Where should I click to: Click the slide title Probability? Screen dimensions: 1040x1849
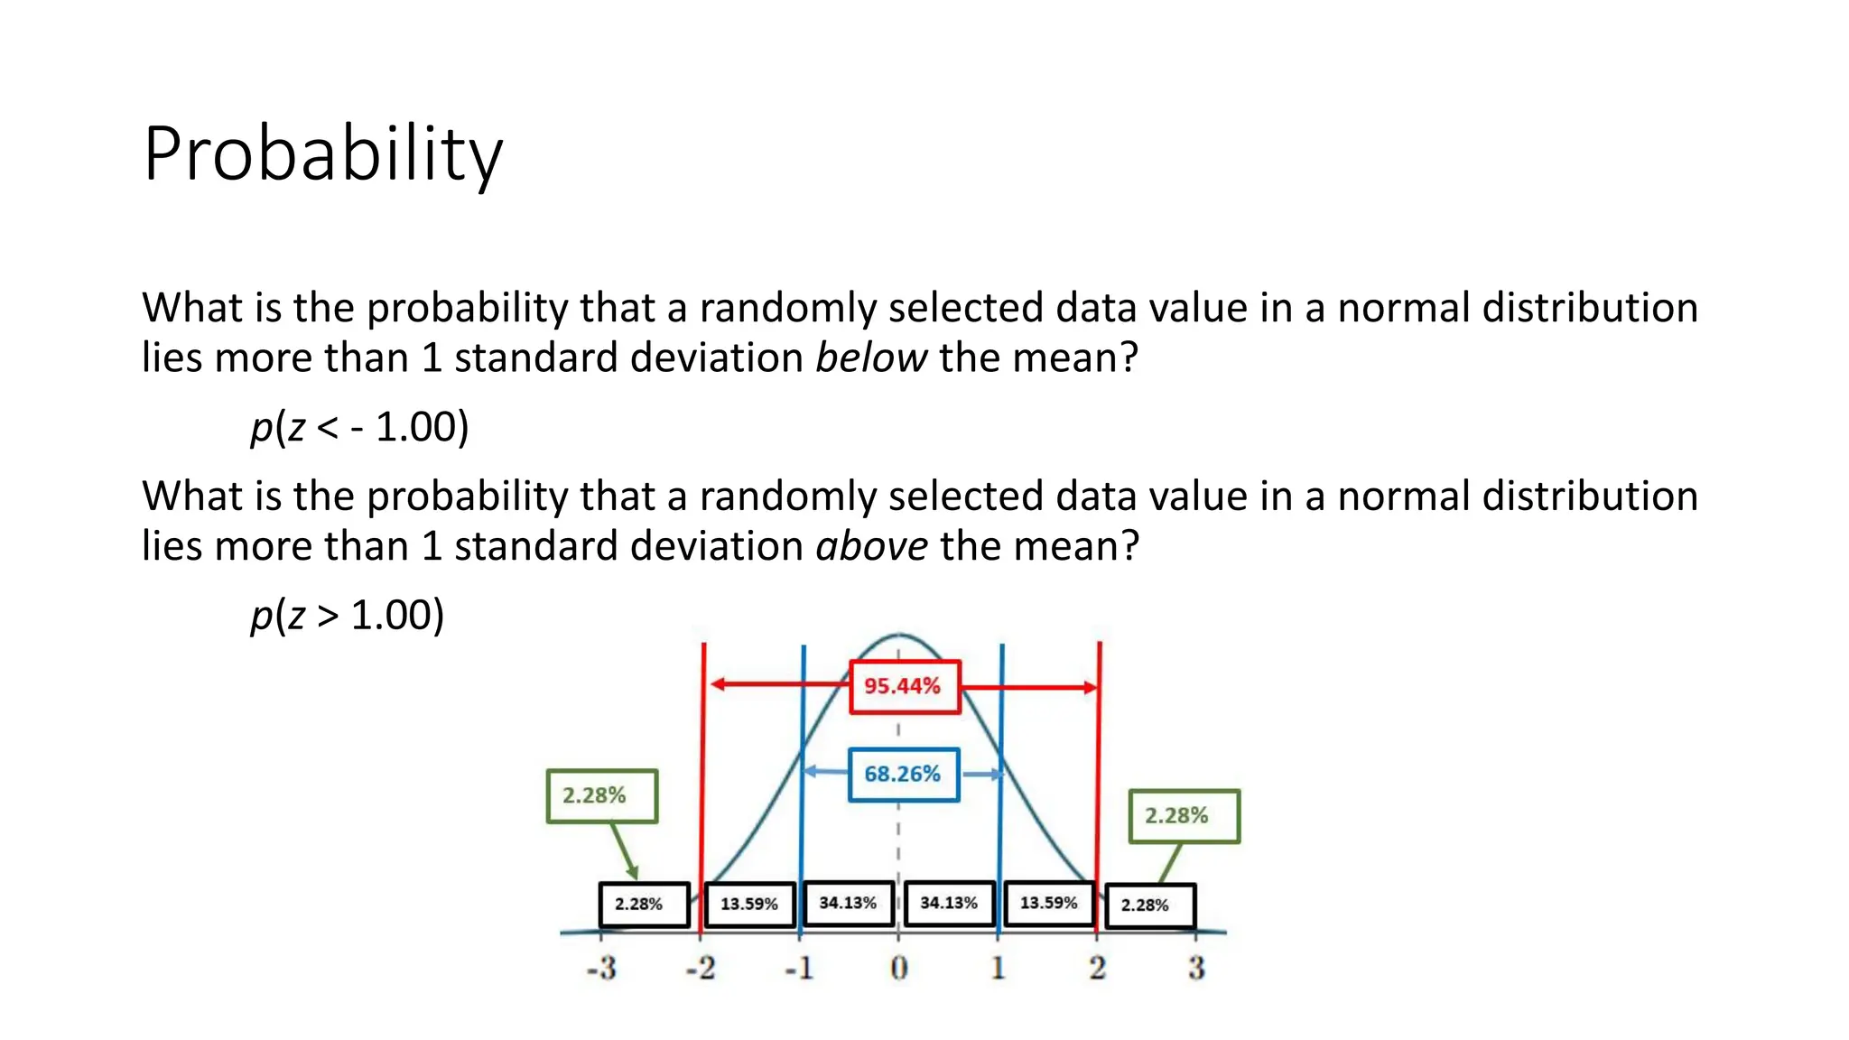[x=322, y=154]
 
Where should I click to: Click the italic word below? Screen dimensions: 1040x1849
[x=870, y=358]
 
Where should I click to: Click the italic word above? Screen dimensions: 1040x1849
[x=871, y=547]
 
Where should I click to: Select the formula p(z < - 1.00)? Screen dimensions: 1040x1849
[x=359, y=427]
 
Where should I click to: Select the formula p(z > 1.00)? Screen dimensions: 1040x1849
[x=347, y=616]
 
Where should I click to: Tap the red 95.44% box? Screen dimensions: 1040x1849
[x=904, y=687]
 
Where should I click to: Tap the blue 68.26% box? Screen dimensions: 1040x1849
[x=903, y=775]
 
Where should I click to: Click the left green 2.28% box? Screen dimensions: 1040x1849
[x=601, y=796]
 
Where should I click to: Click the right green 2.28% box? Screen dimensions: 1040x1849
[x=1184, y=816]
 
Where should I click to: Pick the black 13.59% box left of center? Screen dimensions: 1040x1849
[x=748, y=905]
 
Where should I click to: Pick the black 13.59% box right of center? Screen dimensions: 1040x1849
[x=1048, y=904]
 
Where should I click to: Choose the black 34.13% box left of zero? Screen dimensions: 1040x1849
[x=848, y=904]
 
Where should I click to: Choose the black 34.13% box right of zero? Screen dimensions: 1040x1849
[x=949, y=904]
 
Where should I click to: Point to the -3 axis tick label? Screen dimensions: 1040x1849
[x=601, y=969]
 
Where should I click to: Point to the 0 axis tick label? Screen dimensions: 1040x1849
[x=898, y=969]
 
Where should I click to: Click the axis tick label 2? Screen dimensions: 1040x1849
[x=1097, y=969]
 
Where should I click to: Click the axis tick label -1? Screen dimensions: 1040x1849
[x=799, y=969]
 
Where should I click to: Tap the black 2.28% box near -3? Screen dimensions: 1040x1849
[x=644, y=905]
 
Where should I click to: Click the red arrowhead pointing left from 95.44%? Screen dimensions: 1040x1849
[x=717, y=684]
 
